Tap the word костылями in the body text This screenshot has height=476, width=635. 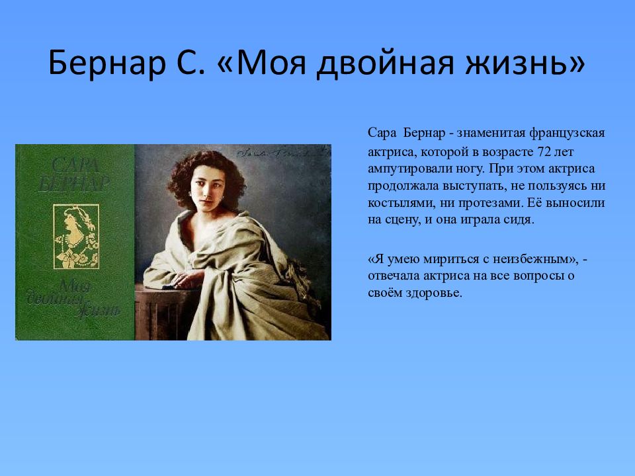402,203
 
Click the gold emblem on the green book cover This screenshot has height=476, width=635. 76,237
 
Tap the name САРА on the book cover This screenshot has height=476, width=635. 75,165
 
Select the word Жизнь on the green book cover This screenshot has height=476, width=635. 99,309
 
